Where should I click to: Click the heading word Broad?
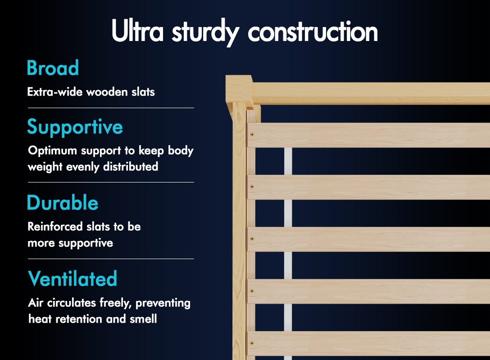click(x=53, y=68)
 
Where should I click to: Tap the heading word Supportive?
click(x=75, y=127)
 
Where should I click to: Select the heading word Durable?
click(x=63, y=202)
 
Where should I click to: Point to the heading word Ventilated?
click(x=73, y=278)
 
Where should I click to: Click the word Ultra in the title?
click(x=137, y=31)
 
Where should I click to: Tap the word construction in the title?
click(x=313, y=32)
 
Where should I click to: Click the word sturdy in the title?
click(x=206, y=32)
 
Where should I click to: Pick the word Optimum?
click(x=53, y=151)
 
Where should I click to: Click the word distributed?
click(x=131, y=167)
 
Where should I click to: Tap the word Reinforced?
click(x=55, y=227)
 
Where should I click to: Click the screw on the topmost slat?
click(x=252, y=135)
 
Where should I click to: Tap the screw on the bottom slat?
click(x=252, y=343)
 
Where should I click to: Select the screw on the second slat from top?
click(x=252, y=187)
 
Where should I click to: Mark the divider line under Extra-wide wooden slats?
click(x=111, y=108)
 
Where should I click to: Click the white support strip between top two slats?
click(x=288, y=161)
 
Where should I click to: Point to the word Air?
click(x=35, y=303)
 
